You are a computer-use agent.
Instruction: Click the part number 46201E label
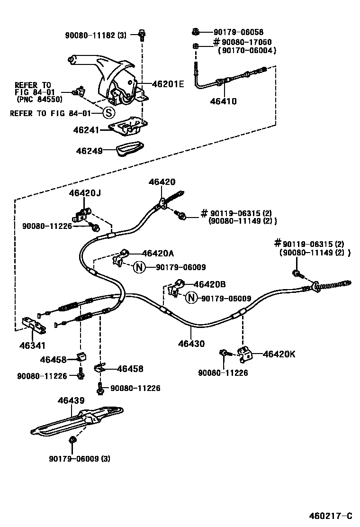[167, 84]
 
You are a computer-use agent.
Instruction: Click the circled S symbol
[109, 113]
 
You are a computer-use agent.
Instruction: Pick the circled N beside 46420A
[138, 267]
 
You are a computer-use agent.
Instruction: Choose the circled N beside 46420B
[190, 298]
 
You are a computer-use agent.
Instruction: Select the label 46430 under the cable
[192, 344]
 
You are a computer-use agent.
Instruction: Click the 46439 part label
[71, 400]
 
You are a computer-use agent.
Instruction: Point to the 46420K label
[279, 354]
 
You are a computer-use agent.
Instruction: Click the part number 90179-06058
[238, 32]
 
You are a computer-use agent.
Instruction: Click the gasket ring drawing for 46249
[131, 149]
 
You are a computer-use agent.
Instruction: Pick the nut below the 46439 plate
[72, 439]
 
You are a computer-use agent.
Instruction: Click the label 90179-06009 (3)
[79, 459]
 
